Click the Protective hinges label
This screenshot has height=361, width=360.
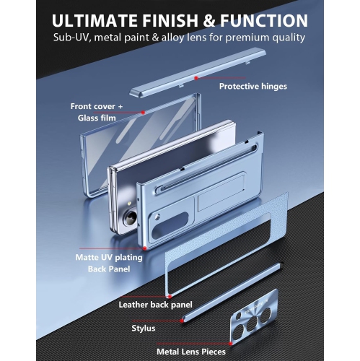coord(253,87)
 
